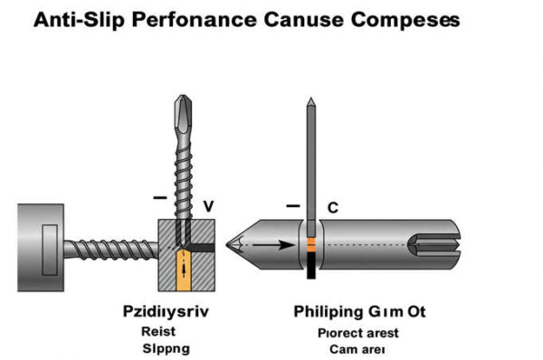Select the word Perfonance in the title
tap(182, 19)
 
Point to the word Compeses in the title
tap(402, 19)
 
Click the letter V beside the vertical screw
tap(208, 207)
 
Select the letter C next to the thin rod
tap(332, 208)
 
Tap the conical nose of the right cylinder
tap(237, 243)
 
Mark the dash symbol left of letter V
tap(159, 197)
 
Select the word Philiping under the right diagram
tap(328, 312)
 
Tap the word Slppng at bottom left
tap(161, 347)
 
